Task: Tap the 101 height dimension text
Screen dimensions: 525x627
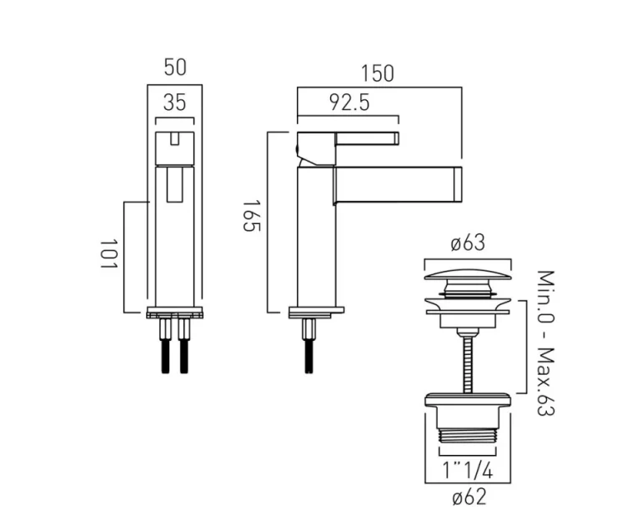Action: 107,254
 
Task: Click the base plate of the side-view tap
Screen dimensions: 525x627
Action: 316,312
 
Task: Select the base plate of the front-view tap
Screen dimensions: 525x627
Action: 174,313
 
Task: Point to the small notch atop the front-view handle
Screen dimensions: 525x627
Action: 174,139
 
